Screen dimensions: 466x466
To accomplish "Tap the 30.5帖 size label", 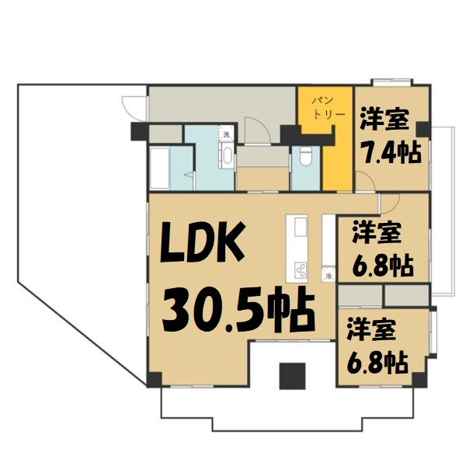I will click(237, 308).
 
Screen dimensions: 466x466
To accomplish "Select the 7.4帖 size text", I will click(389, 151).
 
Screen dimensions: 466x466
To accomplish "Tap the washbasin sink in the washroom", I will click(227, 156).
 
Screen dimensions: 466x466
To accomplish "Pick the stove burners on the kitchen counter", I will click(300, 271).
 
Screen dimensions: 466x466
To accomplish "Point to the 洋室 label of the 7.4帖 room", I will click(384, 121).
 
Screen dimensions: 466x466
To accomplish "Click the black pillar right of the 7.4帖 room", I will click(423, 130).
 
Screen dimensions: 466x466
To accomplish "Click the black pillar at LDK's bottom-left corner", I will click(153, 379).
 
